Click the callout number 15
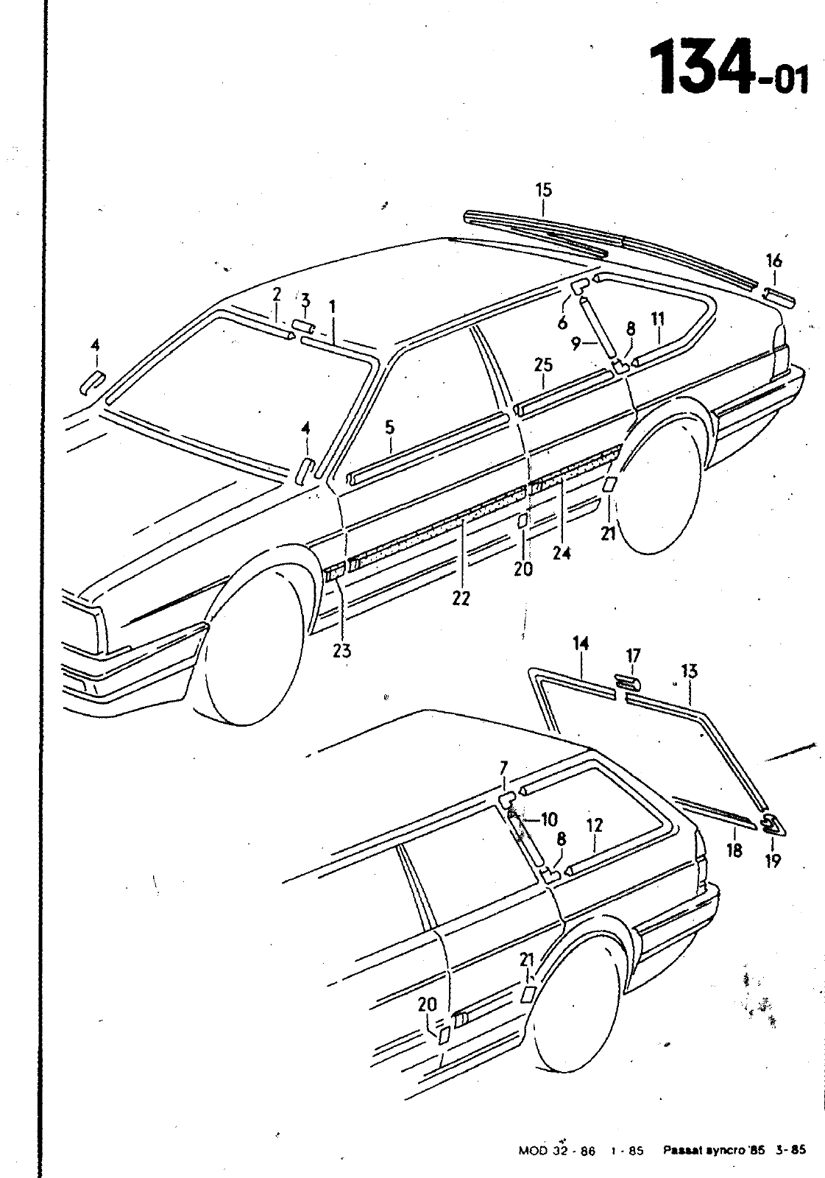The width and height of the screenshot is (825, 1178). pyautogui.click(x=544, y=190)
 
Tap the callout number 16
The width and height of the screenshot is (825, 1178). pyautogui.click(x=774, y=261)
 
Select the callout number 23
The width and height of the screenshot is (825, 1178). pyautogui.click(x=341, y=651)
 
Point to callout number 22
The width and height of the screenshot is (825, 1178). pyautogui.click(x=461, y=599)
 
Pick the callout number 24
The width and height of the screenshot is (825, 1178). pyautogui.click(x=562, y=553)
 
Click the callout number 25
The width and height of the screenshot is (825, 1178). pyautogui.click(x=544, y=364)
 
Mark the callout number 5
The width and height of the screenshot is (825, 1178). pyautogui.click(x=389, y=428)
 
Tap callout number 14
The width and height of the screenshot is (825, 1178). pyautogui.click(x=581, y=643)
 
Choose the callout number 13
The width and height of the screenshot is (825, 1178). pyautogui.click(x=690, y=671)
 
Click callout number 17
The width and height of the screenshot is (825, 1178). pyautogui.click(x=634, y=656)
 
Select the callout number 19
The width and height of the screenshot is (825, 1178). pyautogui.click(x=773, y=861)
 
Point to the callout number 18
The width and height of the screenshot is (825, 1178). pyautogui.click(x=734, y=850)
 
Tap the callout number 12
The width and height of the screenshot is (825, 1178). pyautogui.click(x=594, y=825)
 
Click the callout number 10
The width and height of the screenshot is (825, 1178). pyautogui.click(x=548, y=819)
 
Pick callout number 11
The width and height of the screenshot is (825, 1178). pyautogui.click(x=658, y=319)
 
